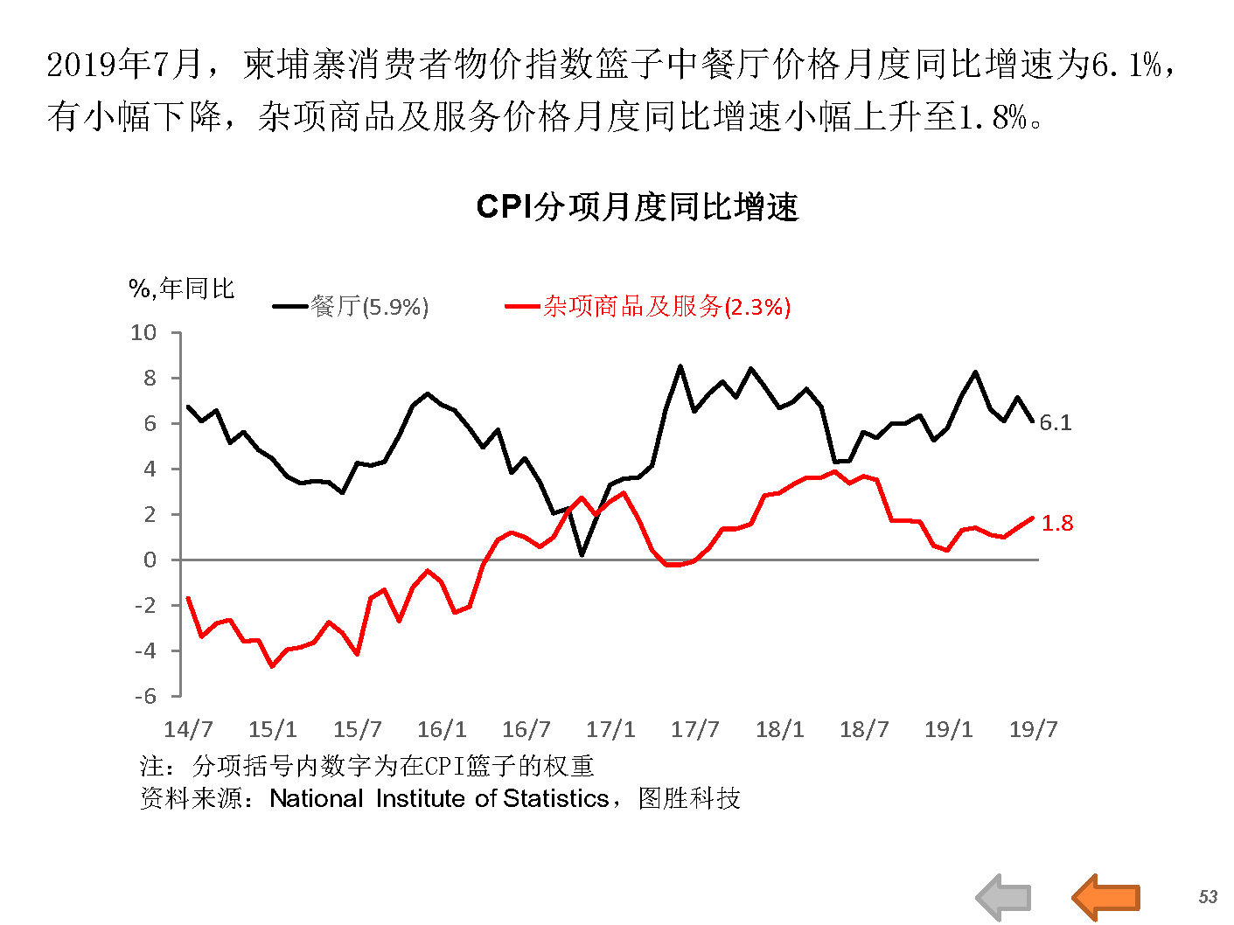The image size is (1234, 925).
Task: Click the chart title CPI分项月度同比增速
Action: (x=638, y=207)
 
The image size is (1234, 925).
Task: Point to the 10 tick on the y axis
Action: (x=143, y=333)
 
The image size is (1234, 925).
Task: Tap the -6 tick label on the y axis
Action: (x=145, y=696)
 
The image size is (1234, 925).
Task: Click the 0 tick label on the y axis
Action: (x=150, y=560)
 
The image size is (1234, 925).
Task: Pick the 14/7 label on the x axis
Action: (x=188, y=729)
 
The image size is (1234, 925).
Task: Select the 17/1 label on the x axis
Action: (x=610, y=729)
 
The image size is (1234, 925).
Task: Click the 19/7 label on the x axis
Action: (x=1033, y=729)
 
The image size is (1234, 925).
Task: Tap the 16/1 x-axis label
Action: (x=442, y=729)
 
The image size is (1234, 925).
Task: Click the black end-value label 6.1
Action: (x=1055, y=423)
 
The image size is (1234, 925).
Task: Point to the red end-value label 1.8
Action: (x=1056, y=524)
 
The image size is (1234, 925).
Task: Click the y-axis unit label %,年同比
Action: (x=182, y=289)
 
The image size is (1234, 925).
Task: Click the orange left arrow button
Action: (x=1105, y=897)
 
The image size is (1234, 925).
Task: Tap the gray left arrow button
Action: (x=1004, y=897)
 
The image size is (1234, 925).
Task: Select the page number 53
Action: (x=1208, y=897)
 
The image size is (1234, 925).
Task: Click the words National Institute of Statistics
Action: (x=439, y=798)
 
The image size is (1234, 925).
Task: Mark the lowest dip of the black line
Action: (x=582, y=554)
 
